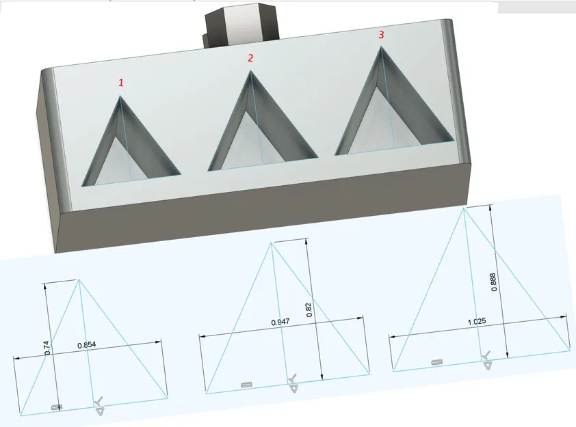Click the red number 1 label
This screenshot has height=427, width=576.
pos(122,83)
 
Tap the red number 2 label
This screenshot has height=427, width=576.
pos(250,59)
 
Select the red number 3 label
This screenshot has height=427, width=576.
pos(382,33)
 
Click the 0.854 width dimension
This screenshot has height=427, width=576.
pos(87,346)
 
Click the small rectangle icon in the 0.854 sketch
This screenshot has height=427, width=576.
pos(57,407)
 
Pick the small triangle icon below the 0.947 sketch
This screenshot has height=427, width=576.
pos(293,389)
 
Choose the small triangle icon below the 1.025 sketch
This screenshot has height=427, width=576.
pos(487,366)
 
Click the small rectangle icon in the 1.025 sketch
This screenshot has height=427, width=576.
pos(438,361)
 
